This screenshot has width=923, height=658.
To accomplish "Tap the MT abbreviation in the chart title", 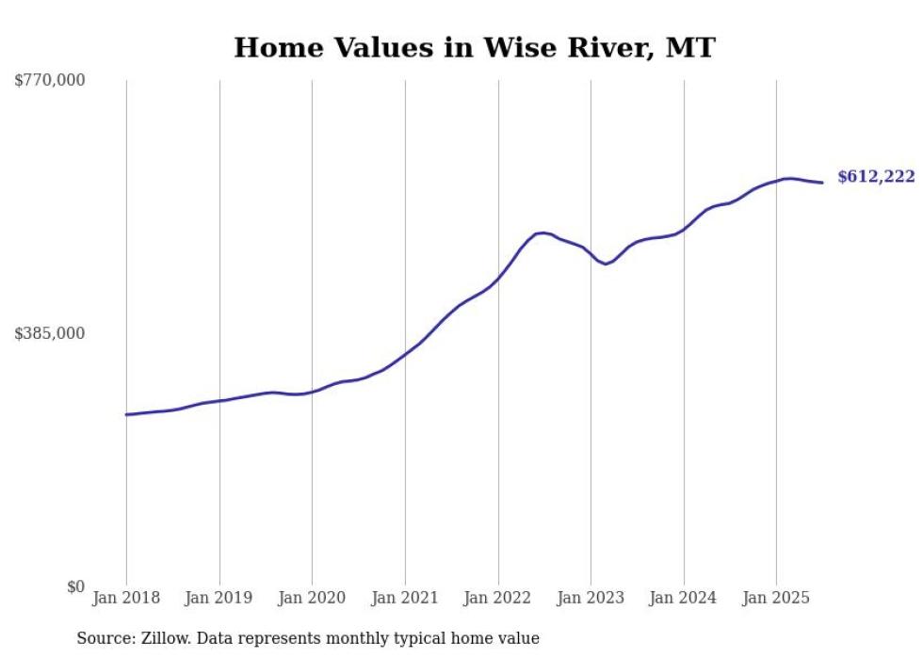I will tap(688, 48).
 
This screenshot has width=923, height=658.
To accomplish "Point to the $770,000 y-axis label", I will tap(50, 81).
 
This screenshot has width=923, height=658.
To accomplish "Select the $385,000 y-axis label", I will tap(50, 334).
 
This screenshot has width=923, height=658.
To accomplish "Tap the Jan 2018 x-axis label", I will tap(126, 598).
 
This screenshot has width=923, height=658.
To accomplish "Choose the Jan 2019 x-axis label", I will tap(219, 598).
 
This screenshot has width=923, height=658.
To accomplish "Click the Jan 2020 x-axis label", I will tap(312, 598).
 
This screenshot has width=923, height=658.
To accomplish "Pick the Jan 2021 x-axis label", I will tap(405, 598).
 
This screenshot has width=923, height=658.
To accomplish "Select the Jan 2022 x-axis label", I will tap(498, 598).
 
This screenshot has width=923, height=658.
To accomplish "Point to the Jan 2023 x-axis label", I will tap(591, 598).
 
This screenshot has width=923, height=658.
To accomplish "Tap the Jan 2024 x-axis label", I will tap(684, 598).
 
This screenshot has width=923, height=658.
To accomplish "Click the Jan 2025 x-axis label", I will tap(776, 598).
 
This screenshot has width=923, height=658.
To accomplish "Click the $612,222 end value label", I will tap(876, 177).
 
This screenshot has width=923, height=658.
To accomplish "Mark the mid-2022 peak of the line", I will tap(542, 233).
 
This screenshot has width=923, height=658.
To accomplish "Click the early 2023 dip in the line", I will tap(607, 264).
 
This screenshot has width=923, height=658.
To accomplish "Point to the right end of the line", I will tap(822, 183).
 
